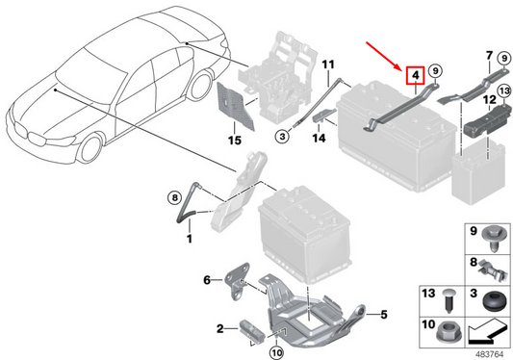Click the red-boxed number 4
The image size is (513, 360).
pos(415,73)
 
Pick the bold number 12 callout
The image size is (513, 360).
pos(489,99)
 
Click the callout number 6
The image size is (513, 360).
pos(206,280)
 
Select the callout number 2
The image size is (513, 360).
pos(220,329)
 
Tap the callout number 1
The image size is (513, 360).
pos(190,237)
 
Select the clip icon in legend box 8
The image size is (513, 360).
pos(492,264)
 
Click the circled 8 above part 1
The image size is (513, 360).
pos(174,197)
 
